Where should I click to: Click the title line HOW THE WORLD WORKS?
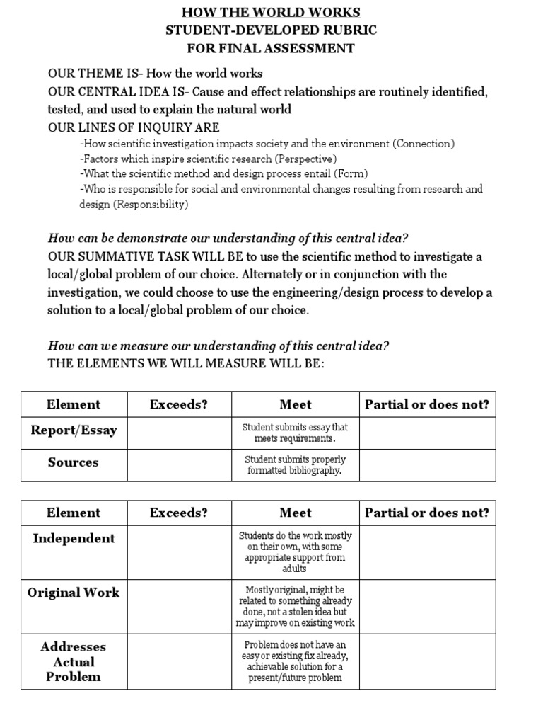click(271, 13)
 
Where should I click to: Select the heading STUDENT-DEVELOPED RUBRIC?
click(271, 30)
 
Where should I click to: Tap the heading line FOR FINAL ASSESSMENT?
click(271, 49)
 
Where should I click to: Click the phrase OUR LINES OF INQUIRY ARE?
click(134, 127)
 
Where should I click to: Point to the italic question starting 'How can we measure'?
click(218, 346)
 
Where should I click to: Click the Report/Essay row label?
click(74, 430)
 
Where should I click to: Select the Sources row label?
click(74, 462)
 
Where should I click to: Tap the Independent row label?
click(74, 538)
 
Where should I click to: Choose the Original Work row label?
click(74, 593)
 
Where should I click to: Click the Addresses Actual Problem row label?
click(74, 661)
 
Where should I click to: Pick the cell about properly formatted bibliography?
click(295, 465)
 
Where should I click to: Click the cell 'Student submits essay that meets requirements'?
click(295, 433)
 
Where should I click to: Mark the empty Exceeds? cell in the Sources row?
click(179, 465)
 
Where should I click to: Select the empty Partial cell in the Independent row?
click(426, 552)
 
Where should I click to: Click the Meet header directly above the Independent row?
click(295, 513)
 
